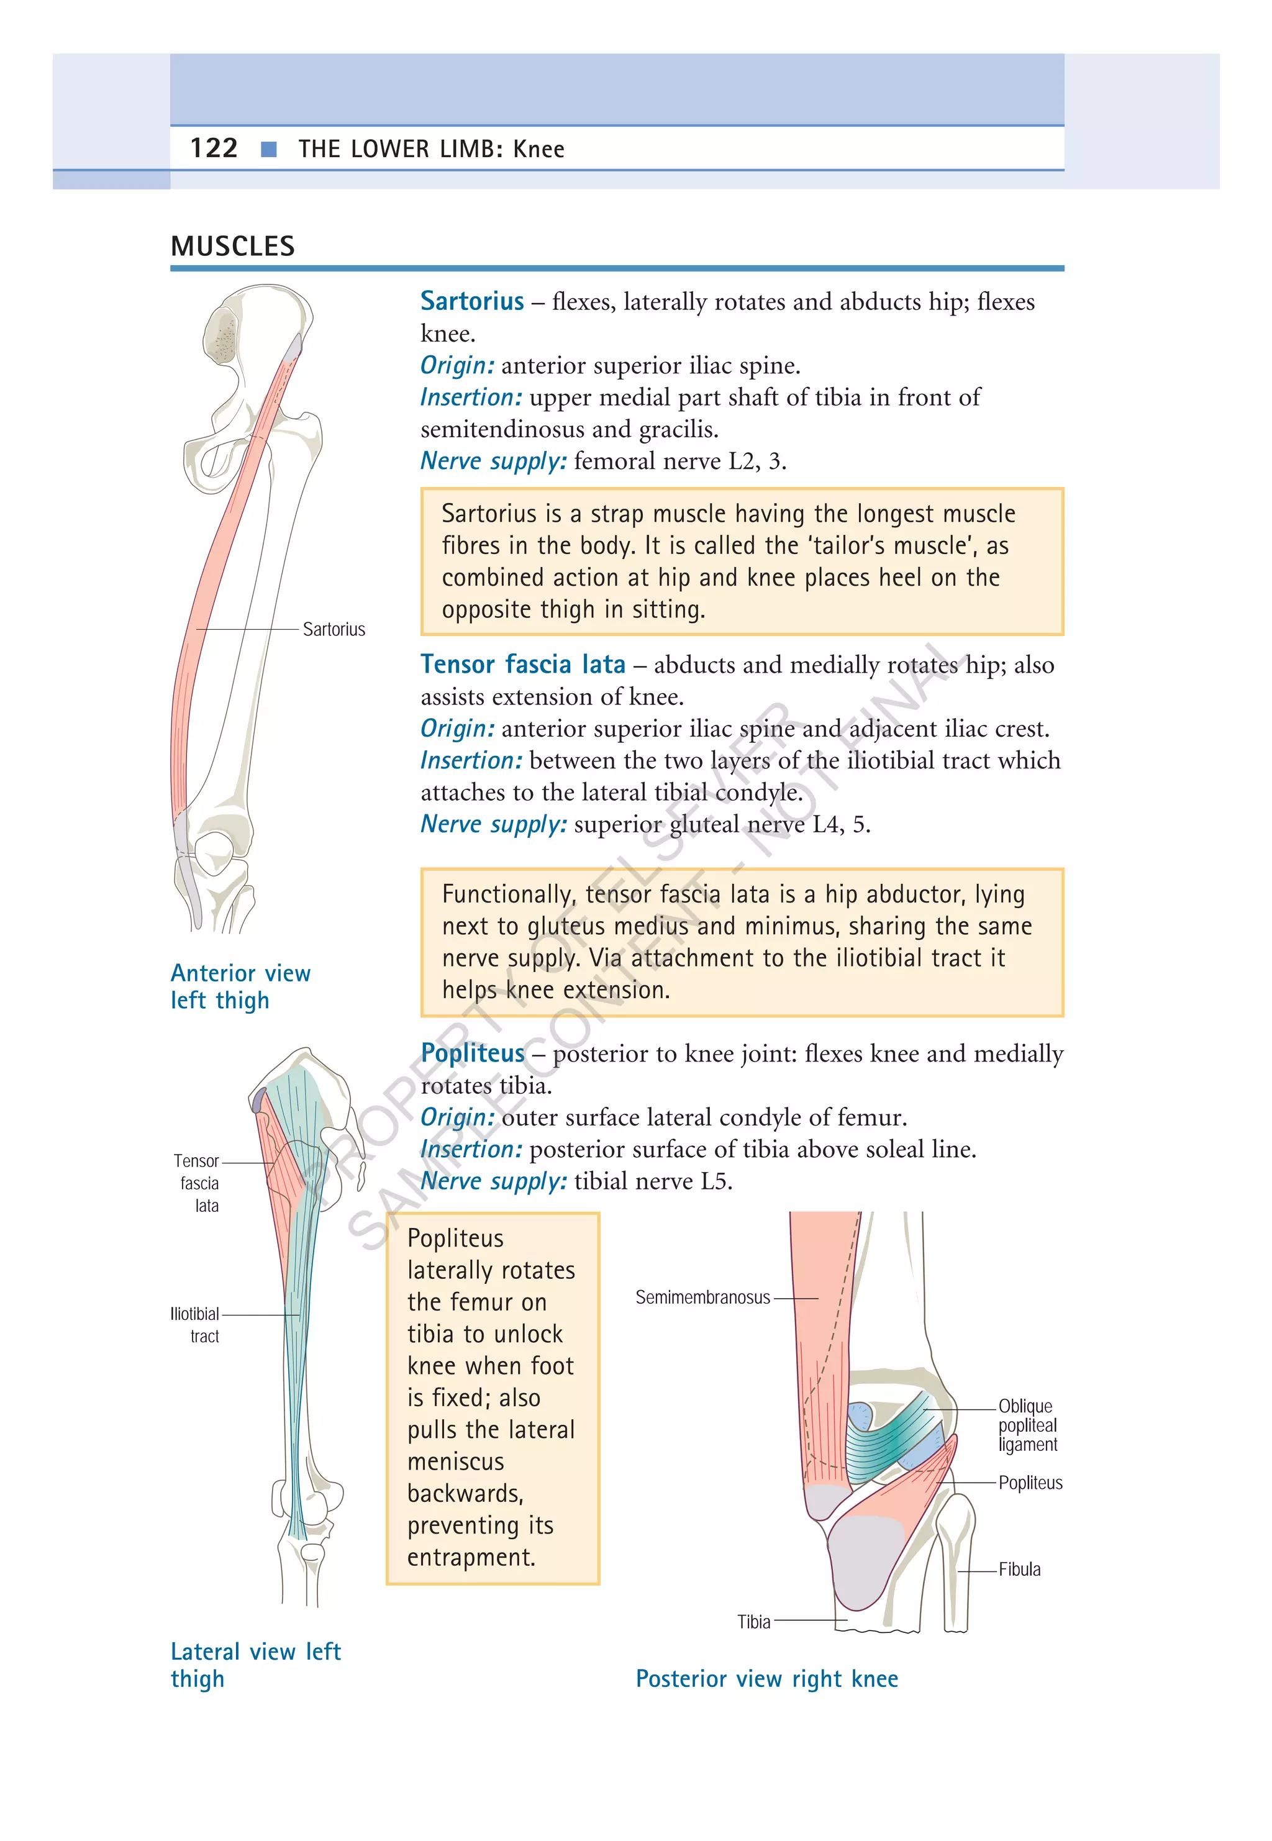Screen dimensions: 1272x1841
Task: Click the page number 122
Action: [x=214, y=148]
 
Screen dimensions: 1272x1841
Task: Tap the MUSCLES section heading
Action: [x=233, y=246]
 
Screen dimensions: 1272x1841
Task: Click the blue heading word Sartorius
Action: [x=472, y=301]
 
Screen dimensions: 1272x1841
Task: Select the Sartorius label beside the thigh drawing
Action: [x=334, y=630]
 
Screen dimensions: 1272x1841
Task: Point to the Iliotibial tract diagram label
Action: [x=195, y=1325]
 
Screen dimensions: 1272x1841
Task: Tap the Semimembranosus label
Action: [x=702, y=1298]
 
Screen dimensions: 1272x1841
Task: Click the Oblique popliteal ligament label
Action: [x=1027, y=1425]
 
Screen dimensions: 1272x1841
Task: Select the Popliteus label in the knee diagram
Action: [x=1030, y=1483]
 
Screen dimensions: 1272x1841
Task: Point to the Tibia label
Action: [x=753, y=1622]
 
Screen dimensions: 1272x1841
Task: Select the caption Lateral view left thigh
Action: [x=255, y=1665]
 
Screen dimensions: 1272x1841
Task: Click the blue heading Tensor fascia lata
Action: [x=523, y=664]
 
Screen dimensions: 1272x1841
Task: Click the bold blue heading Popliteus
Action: [x=473, y=1053]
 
